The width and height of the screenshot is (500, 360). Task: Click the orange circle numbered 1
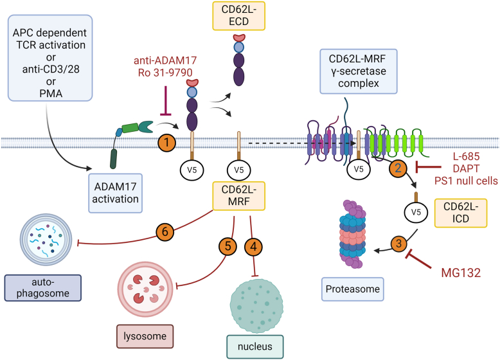166,143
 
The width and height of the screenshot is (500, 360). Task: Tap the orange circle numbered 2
398,168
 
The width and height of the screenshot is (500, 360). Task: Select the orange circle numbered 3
398,244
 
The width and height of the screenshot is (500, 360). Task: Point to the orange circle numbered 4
253,246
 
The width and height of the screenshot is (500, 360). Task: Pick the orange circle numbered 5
228,246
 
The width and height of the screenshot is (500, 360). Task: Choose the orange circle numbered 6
165,231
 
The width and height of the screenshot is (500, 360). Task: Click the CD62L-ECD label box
239,15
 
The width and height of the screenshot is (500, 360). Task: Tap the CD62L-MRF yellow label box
239,196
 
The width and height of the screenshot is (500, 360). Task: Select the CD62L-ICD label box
461,213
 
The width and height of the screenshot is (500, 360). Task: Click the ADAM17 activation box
116,193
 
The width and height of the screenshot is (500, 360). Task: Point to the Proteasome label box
353,289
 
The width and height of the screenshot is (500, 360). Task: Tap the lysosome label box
145,336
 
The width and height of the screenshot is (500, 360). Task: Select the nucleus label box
255,346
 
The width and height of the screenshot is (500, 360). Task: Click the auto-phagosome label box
42,287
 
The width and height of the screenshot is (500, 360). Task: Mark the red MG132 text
461,273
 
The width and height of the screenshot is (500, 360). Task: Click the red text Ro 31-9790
165,73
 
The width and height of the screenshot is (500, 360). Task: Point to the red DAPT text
466,168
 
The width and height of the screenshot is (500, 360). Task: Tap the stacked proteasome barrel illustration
352,234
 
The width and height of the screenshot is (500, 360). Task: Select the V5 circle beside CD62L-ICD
416,212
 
